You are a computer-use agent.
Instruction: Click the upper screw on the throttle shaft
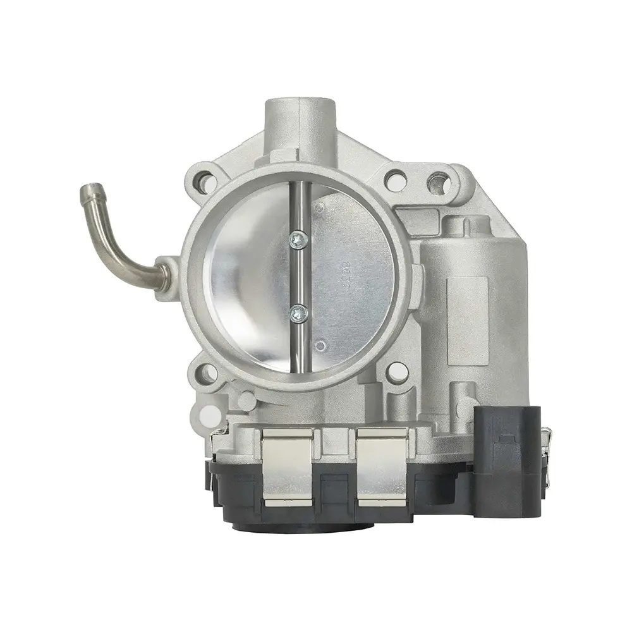tap(297, 238)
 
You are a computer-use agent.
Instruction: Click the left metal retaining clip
tap(287, 466)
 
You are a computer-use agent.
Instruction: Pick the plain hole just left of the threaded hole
tap(395, 181)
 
